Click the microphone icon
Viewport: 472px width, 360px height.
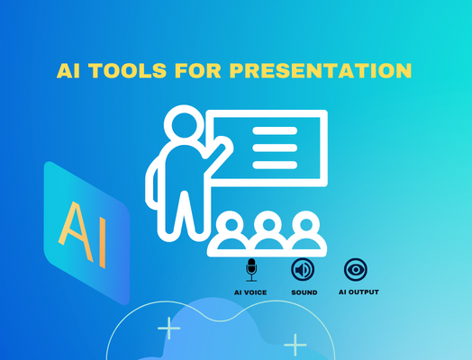[251, 269]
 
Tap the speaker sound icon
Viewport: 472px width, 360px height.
[304, 269]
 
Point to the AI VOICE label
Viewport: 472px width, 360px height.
[250, 292]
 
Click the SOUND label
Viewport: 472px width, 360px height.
[304, 292]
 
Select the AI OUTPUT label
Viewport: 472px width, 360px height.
[358, 292]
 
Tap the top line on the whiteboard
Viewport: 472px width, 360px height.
[275, 132]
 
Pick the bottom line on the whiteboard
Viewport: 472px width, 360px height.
[275, 163]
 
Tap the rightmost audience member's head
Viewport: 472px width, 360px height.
[304, 222]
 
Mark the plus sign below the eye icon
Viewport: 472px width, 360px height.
[295, 344]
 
